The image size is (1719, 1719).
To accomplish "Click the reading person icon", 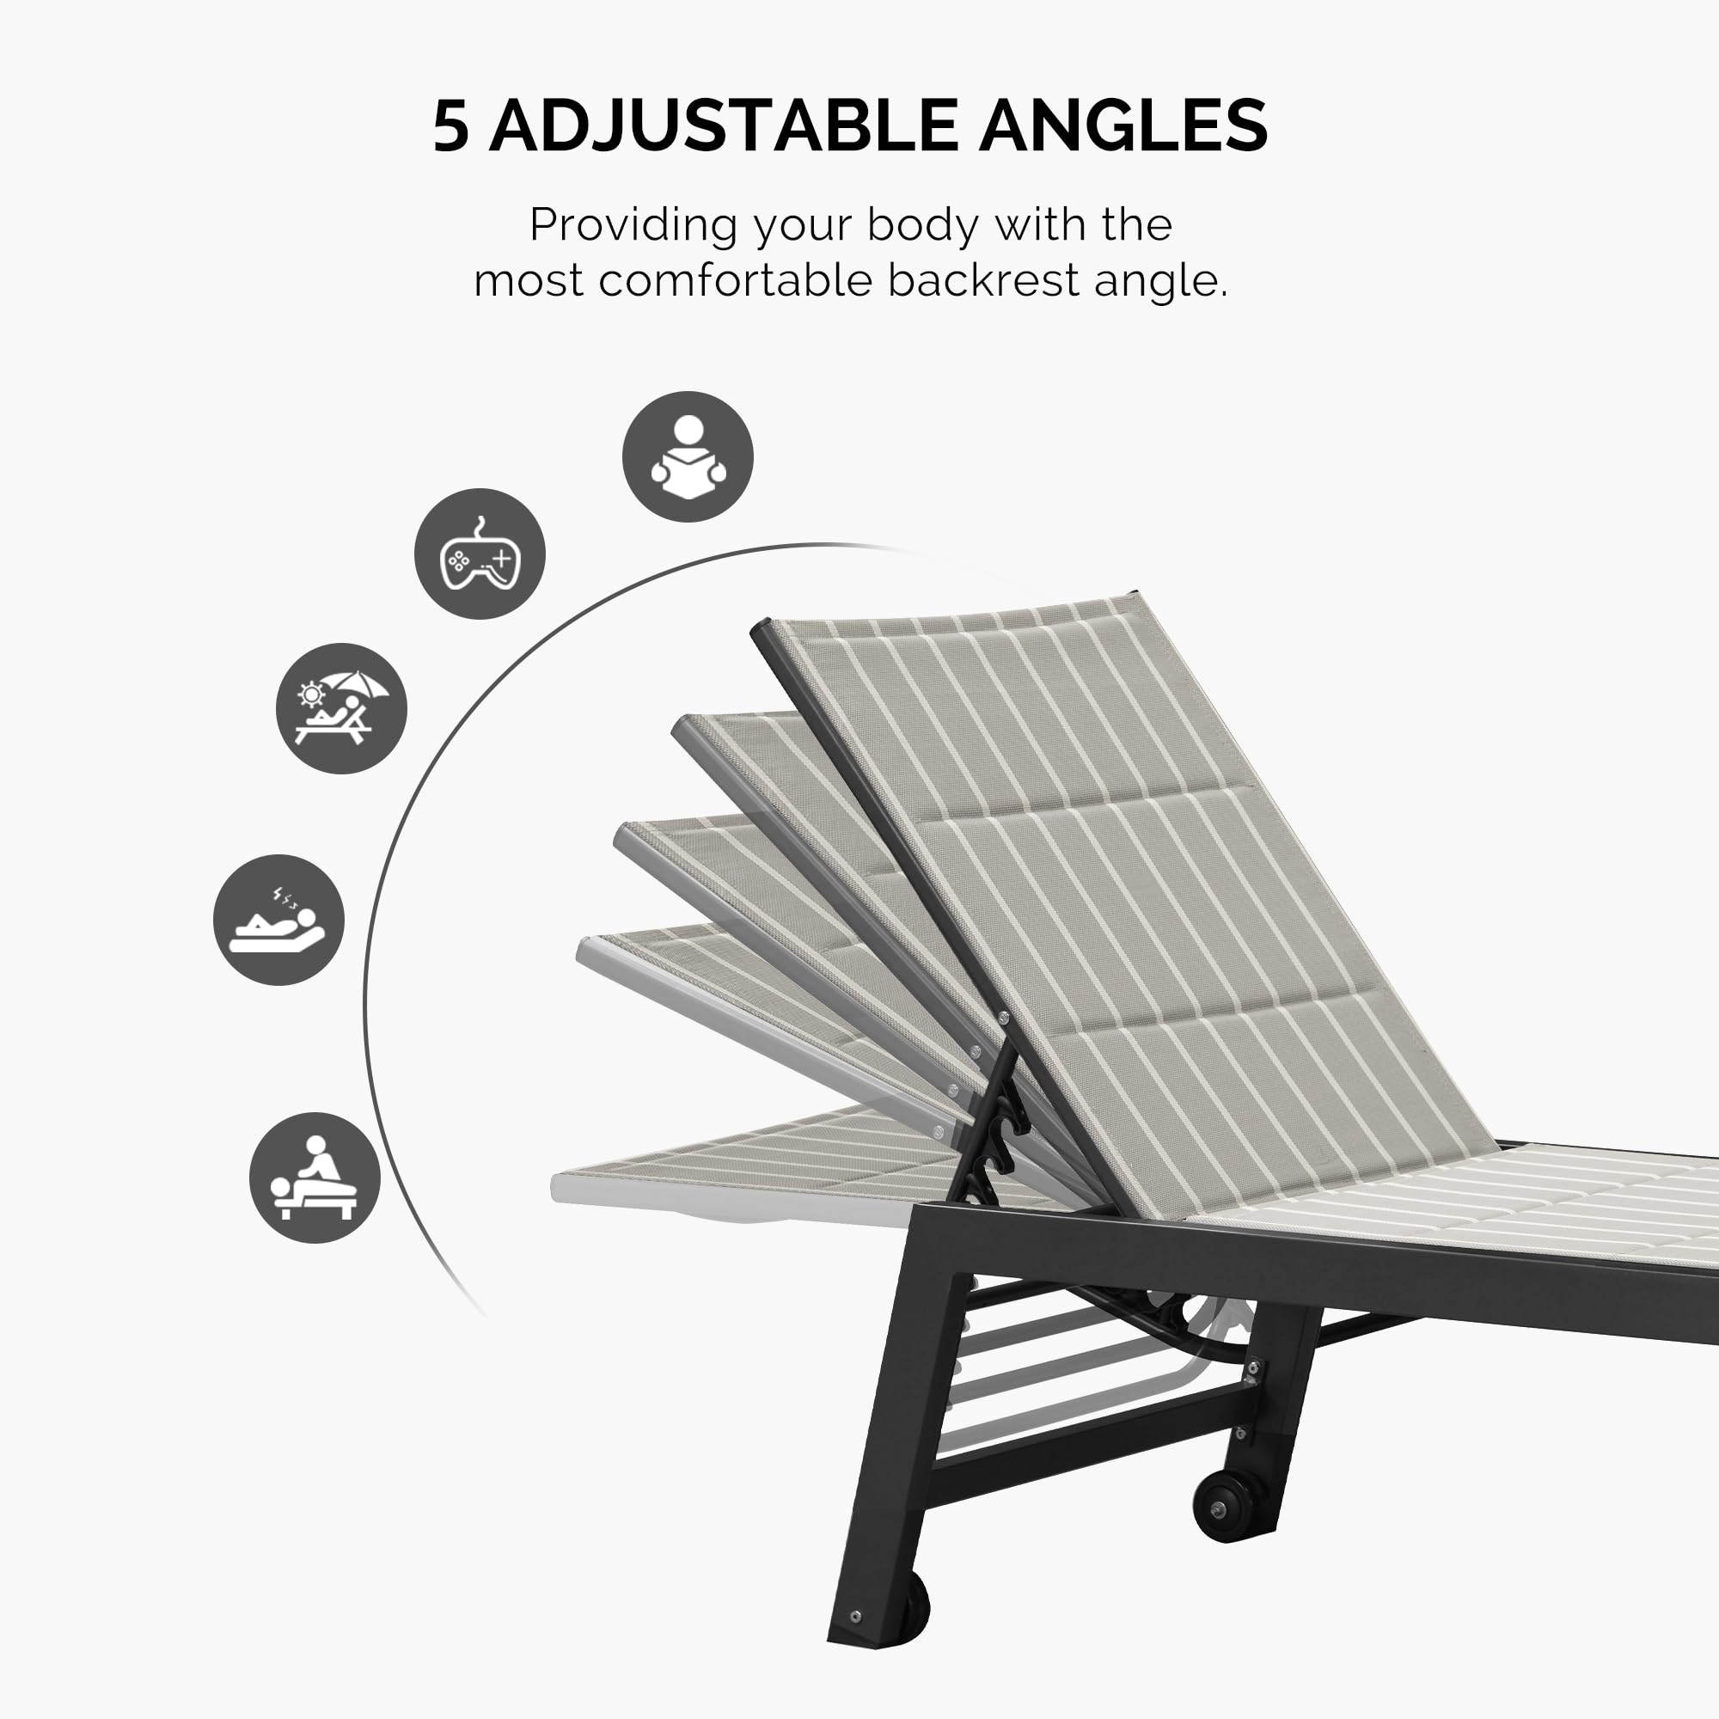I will (x=687, y=456).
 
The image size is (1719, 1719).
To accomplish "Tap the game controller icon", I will (x=480, y=554).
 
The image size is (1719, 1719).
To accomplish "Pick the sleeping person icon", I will (x=278, y=919).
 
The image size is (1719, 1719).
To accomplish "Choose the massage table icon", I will (x=315, y=1178).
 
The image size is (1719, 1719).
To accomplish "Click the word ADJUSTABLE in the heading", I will (x=723, y=125).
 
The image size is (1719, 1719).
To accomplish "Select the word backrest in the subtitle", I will (x=983, y=280).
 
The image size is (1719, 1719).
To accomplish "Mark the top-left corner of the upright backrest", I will (x=762, y=628).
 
